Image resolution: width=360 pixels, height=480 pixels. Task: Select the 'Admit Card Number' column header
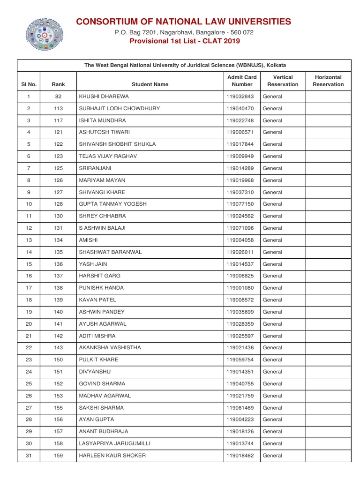click(x=242, y=81)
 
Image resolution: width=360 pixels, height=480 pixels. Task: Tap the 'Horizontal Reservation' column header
click(x=328, y=81)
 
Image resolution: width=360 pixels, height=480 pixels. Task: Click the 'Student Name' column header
click(x=150, y=84)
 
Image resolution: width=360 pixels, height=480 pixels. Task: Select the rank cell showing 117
click(x=58, y=120)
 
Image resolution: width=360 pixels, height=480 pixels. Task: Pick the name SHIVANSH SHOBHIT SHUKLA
click(x=117, y=144)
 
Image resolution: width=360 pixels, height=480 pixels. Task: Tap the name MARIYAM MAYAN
click(x=102, y=180)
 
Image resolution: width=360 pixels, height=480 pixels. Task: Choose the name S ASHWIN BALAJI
click(x=102, y=228)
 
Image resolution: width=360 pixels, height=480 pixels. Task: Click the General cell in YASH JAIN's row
click(x=272, y=264)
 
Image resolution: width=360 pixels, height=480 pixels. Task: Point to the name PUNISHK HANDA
click(x=101, y=288)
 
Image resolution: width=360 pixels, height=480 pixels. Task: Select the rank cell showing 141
click(x=58, y=324)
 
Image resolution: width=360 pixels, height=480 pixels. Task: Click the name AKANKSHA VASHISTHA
click(x=110, y=348)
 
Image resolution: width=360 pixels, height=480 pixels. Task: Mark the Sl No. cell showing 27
click(x=29, y=408)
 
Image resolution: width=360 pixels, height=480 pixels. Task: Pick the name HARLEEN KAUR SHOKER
click(x=112, y=456)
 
